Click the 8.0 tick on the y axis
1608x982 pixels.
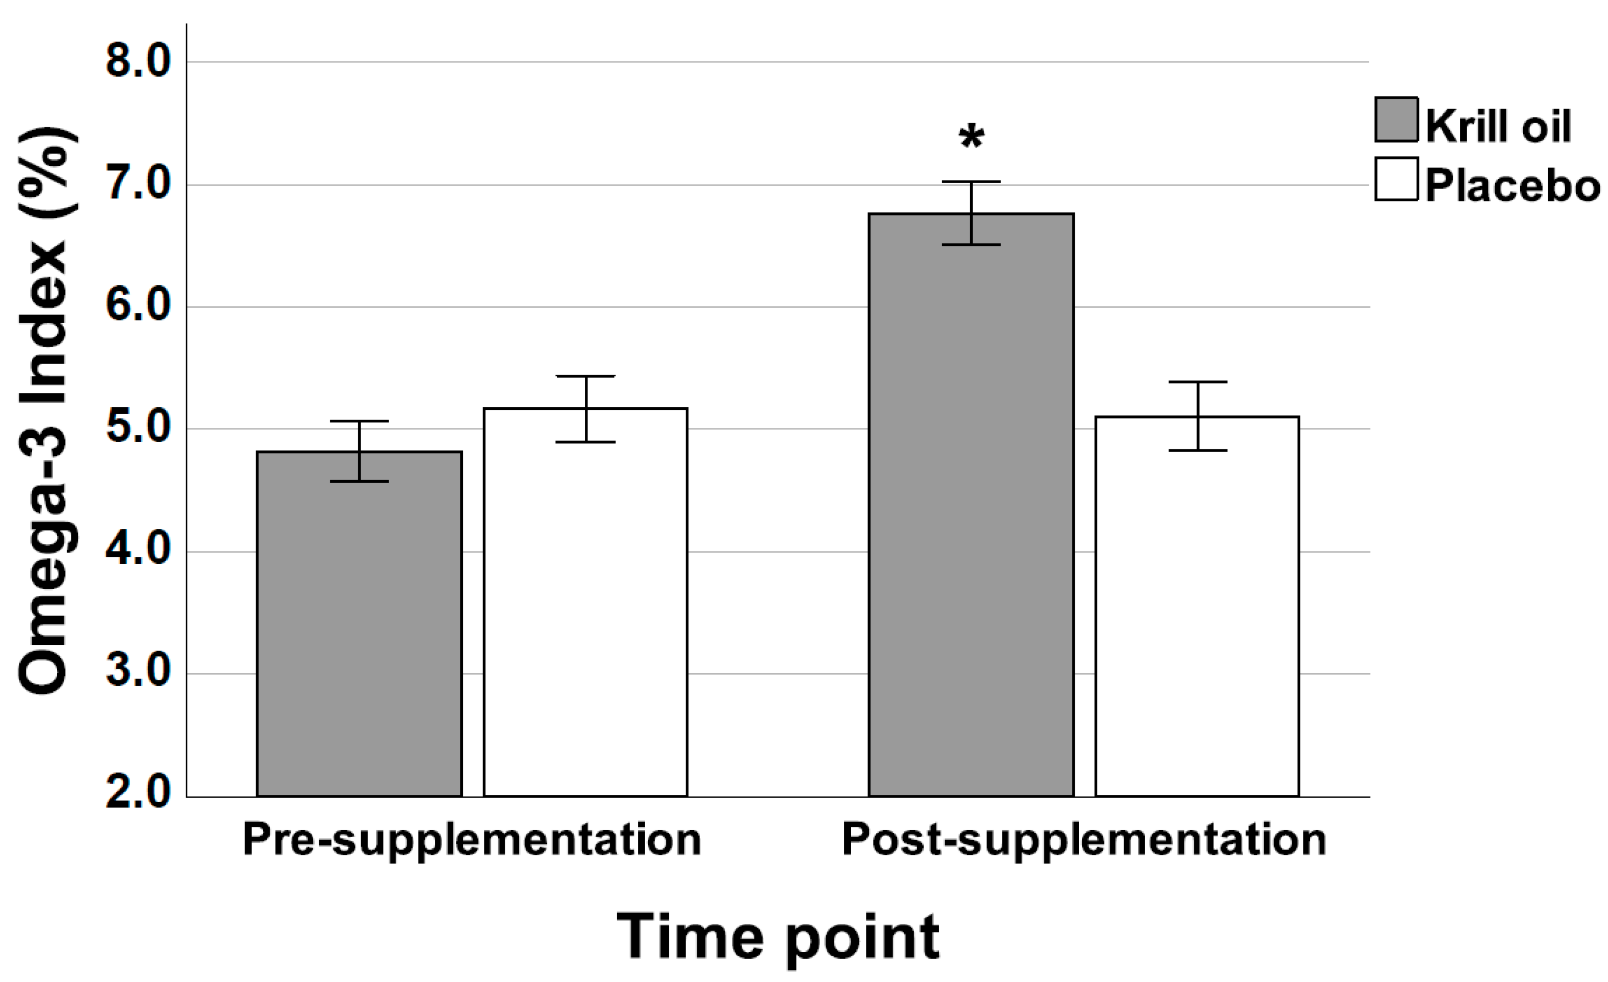point(138,62)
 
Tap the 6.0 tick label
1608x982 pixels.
point(138,306)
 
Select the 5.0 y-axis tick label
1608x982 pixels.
point(138,428)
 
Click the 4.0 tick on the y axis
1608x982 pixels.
point(138,551)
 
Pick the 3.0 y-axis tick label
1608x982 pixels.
point(138,673)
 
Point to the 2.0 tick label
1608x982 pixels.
point(138,795)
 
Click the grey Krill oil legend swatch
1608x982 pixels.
point(1396,120)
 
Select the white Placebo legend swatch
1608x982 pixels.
point(1396,179)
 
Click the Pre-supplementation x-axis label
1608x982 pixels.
point(472,840)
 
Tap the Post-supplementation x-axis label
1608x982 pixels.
point(1084,840)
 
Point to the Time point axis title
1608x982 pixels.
point(778,938)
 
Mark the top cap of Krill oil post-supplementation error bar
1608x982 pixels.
point(971,182)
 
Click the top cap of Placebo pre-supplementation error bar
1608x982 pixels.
point(585,376)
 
